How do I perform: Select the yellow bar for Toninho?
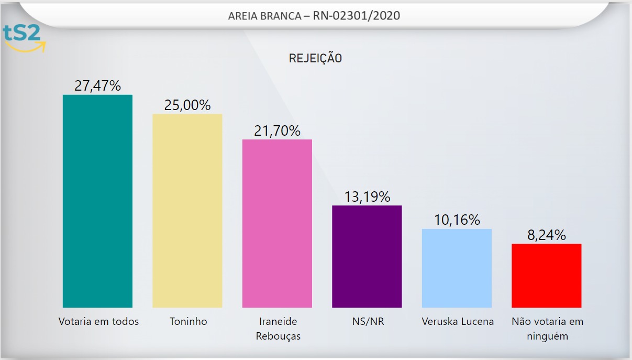click(187, 210)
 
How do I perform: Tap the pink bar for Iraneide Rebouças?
click(277, 223)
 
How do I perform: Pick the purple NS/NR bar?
click(367, 256)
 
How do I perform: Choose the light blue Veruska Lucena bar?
click(457, 268)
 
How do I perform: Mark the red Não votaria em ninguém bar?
click(546, 275)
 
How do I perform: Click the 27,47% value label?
click(97, 86)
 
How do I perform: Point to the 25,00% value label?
click(187, 105)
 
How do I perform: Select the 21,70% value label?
click(277, 130)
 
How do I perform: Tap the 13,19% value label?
click(367, 197)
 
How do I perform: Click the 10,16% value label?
click(457, 220)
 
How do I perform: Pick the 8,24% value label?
click(546, 235)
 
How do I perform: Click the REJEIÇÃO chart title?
click(315, 58)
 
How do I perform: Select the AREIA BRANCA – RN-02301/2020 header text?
click(314, 16)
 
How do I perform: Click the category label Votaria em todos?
click(98, 321)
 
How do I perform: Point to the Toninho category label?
click(189, 321)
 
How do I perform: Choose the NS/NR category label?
click(367, 321)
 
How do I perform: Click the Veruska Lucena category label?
click(458, 321)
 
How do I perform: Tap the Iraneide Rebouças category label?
click(278, 329)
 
